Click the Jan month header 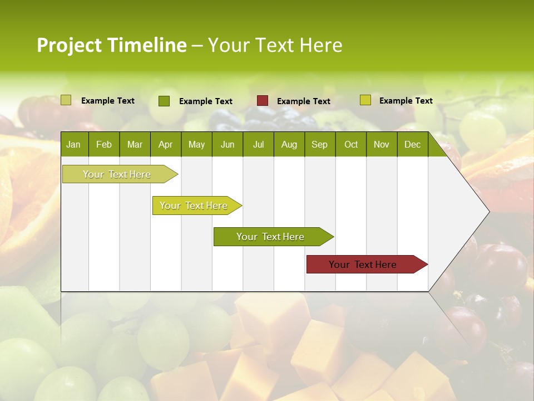coord(73,144)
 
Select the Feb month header coord(104,144)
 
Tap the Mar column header coord(135,144)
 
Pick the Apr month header coord(165,144)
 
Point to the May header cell coord(196,144)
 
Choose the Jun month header coord(228,144)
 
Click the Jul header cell coord(258,144)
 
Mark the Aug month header coord(289,144)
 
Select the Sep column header coord(319,144)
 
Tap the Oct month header coord(351,144)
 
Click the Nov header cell coord(382,144)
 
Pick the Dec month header coord(412,144)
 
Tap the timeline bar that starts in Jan coord(117,174)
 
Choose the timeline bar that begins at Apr coord(194,206)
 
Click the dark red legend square coord(263,101)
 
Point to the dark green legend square coord(164,101)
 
